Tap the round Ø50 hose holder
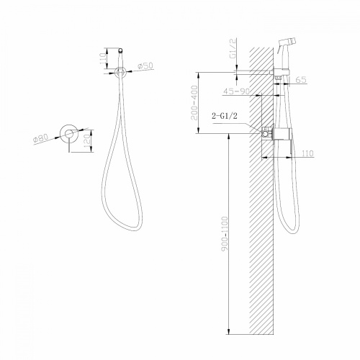(x=121, y=71)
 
